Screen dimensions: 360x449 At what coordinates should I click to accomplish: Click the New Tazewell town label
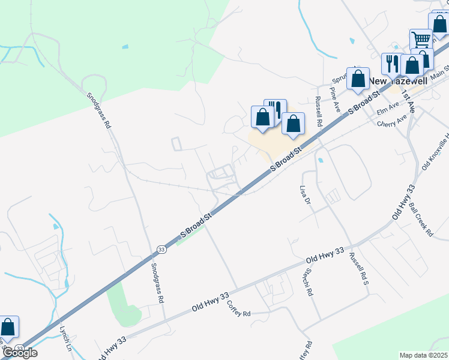[x=396, y=81]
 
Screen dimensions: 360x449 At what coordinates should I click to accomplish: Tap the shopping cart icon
[x=421, y=40]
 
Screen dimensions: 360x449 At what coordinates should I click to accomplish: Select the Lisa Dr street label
[x=306, y=196]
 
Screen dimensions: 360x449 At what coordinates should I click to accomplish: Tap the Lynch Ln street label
[x=65, y=338]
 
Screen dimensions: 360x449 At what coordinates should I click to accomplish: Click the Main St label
[x=439, y=70]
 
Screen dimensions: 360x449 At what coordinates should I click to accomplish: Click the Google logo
[x=20, y=353]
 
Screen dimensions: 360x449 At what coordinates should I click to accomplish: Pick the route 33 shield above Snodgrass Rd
[x=161, y=248]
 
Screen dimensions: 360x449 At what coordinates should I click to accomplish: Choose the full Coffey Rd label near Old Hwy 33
[x=238, y=308]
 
